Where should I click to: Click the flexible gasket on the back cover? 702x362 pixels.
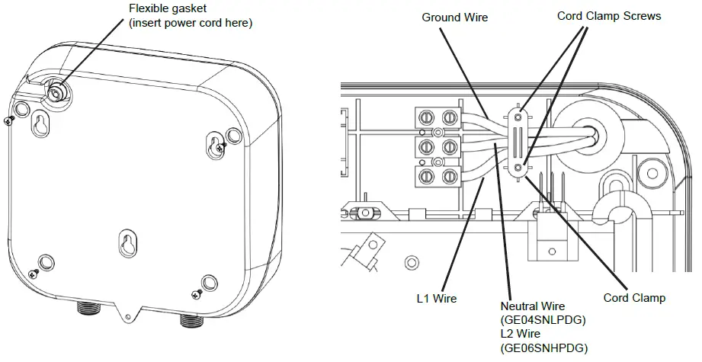56,91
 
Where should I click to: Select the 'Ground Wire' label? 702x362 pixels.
455,17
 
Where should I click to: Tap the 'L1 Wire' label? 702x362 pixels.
437,298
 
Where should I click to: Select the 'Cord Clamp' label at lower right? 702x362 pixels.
634,298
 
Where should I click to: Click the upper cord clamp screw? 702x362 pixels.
518,117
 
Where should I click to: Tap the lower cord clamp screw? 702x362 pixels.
518,167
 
